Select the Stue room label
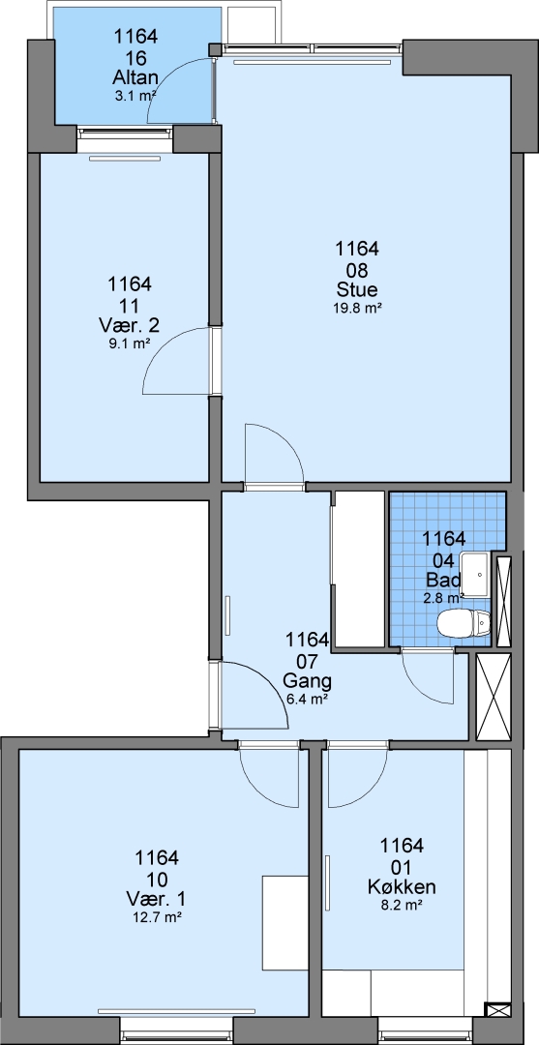pyautogui.click(x=357, y=290)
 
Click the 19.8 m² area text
pyautogui.click(x=357, y=308)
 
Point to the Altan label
pyautogui.click(x=135, y=78)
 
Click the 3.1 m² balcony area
pyautogui.click(x=135, y=95)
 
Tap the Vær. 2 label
pyautogui.click(x=130, y=326)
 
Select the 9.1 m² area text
pyautogui.click(x=130, y=343)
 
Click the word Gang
pyautogui.click(x=307, y=681)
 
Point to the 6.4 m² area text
pyautogui.click(x=307, y=700)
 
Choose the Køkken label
pyautogui.click(x=402, y=887)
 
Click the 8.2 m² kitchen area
pyautogui.click(x=402, y=905)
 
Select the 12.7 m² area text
pyautogui.click(x=157, y=917)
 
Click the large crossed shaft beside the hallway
pyautogui.click(x=494, y=697)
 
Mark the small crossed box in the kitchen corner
pyautogui.click(x=497, y=1009)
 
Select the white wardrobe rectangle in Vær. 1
pyautogui.click(x=285, y=923)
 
